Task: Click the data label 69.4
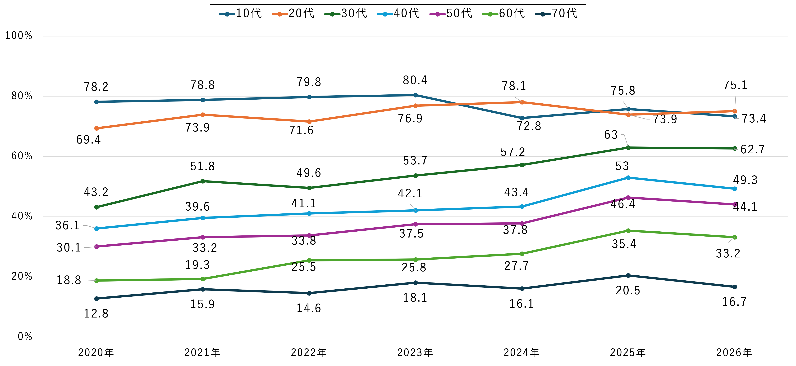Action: (x=89, y=140)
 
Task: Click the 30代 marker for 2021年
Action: (x=203, y=181)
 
